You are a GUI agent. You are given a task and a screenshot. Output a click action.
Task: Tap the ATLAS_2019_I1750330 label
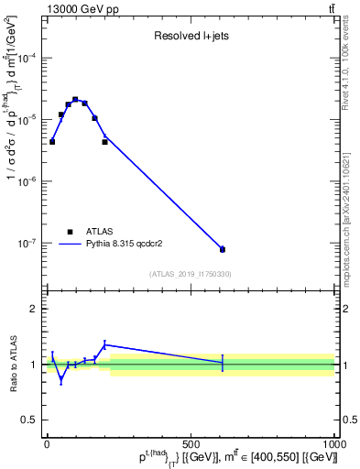coord(190,274)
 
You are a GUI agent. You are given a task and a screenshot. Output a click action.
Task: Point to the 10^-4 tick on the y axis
coord(28,58)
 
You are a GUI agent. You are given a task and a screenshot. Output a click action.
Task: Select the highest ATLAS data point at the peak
coord(75,99)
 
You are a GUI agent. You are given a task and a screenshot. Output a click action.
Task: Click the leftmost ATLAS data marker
coord(52,142)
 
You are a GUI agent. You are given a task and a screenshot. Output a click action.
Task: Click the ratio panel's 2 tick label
coord(33,309)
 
